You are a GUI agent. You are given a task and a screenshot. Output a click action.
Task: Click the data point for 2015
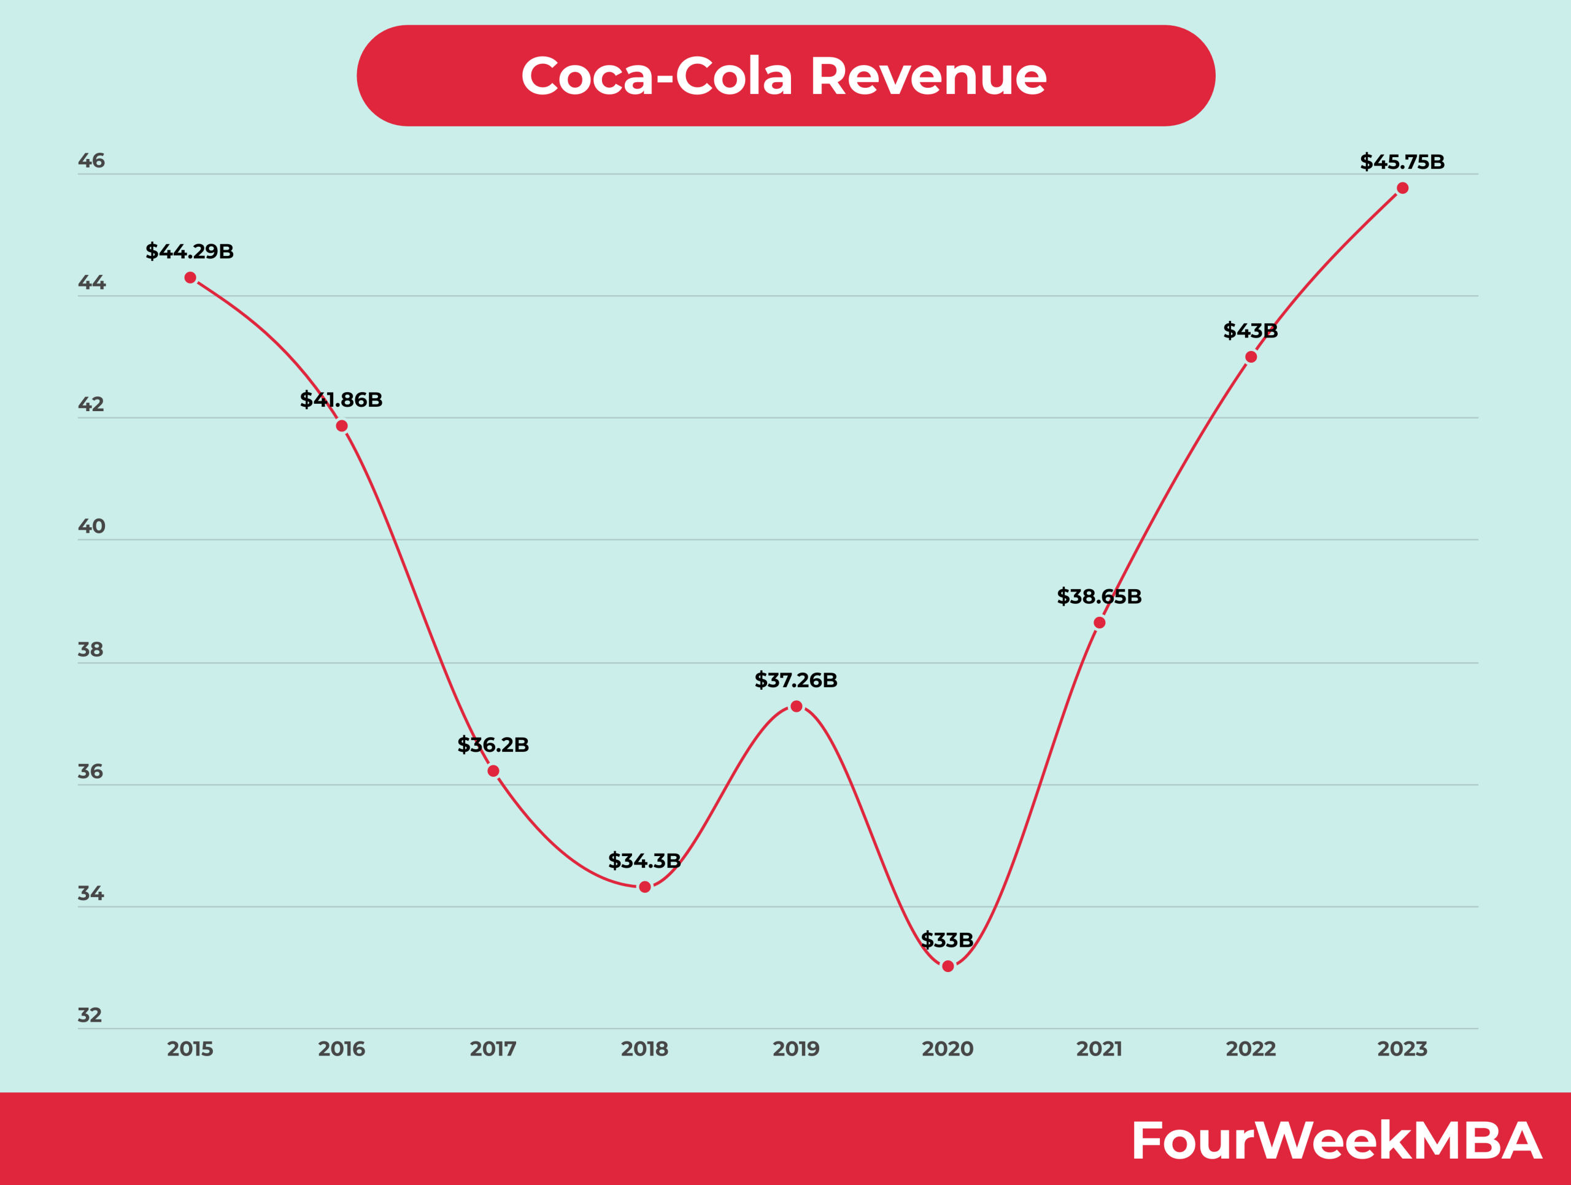pyautogui.click(x=190, y=277)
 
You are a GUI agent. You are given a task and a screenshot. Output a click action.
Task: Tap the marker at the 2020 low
pyautogui.click(x=948, y=967)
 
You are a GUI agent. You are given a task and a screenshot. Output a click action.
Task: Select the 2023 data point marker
pyautogui.click(x=1403, y=188)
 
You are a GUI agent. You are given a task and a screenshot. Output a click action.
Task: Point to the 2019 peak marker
pyautogui.click(x=797, y=706)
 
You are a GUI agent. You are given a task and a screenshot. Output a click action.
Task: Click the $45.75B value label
pyautogui.click(x=1402, y=162)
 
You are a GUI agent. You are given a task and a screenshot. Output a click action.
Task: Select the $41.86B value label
pyautogui.click(x=341, y=400)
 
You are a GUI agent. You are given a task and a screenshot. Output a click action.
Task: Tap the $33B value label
pyautogui.click(x=947, y=940)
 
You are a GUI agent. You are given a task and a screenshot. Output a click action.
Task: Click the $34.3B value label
pyautogui.click(x=644, y=861)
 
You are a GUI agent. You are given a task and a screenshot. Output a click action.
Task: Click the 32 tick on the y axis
pyautogui.click(x=90, y=1015)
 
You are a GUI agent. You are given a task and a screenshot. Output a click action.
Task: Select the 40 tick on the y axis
pyautogui.click(x=91, y=527)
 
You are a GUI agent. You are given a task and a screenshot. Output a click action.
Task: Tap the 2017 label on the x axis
pyautogui.click(x=493, y=1049)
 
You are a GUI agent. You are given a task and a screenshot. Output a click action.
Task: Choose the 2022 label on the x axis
pyautogui.click(x=1251, y=1049)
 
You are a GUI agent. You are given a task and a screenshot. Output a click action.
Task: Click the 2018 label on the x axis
pyautogui.click(x=644, y=1049)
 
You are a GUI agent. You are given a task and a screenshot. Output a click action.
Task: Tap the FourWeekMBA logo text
pyautogui.click(x=1335, y=1141)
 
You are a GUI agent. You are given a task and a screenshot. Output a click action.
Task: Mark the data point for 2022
pyautogui.click(x=1251, y=357)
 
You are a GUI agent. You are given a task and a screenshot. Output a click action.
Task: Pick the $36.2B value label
pyautogui.click(x=493, y=745)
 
